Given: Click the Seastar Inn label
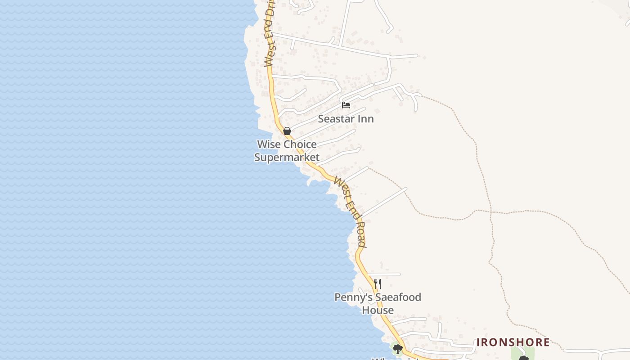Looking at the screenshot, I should (346, 119).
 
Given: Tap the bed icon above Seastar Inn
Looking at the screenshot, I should (346, 105).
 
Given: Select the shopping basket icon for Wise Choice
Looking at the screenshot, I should (287, 131).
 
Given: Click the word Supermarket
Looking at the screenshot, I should (287, 157).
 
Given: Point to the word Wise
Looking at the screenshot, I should (269, 144).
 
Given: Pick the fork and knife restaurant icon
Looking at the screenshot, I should (378, 284).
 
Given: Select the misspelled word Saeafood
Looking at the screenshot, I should (398, 297).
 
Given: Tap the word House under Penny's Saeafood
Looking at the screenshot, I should (378, 310).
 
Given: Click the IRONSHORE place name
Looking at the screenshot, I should (513, 342).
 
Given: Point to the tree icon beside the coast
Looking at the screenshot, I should (397, 349).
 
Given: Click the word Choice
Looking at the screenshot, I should (300, 144).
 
